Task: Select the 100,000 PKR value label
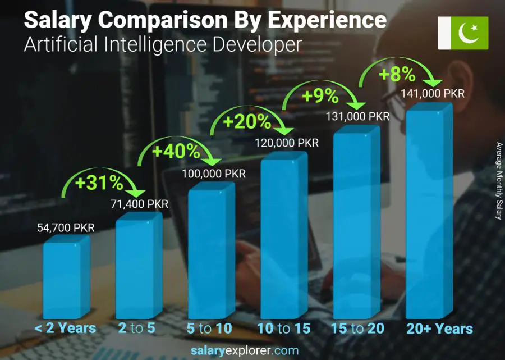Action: (214, 174)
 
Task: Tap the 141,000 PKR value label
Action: (433, 94)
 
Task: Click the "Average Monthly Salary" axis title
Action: (499, 181)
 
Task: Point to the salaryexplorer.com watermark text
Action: (252, 350)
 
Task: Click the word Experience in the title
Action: (326, 20)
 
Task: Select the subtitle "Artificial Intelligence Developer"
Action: (163, 44)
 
